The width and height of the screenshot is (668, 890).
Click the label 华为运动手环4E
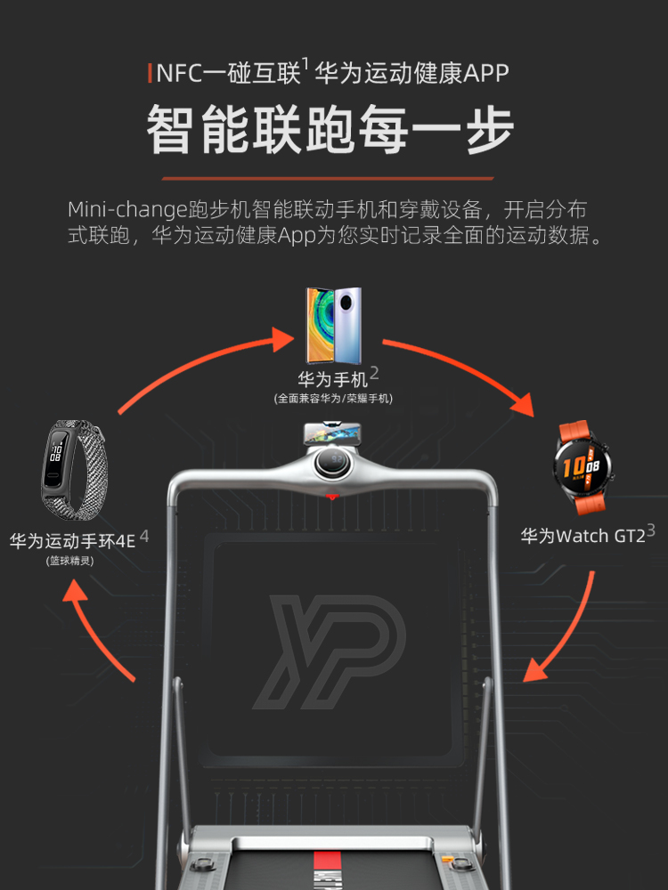click(x=73, y=540)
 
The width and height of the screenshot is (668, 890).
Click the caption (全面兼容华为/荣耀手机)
click(x=333, y=399)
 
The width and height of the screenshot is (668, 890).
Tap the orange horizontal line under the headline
click(x=333, y=178)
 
